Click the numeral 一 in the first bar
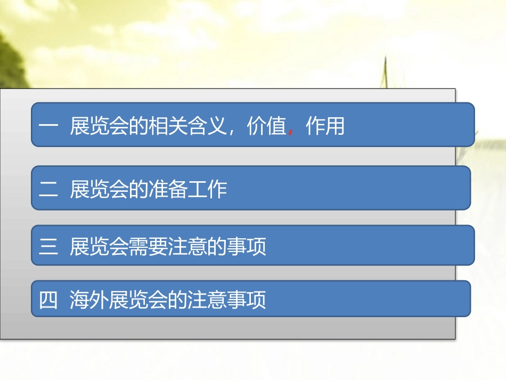pyautogui.click(x=48, y=127)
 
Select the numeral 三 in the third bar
pyautogui.click(x=48, y=247)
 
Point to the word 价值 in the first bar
pyautogui.click(x=267, y=127)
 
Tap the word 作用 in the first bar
pyautogui.click(x=325, y=127)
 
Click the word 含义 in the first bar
pyautogui.click(x=208, y=127)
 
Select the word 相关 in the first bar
pyautogui.click(x=168, y=127)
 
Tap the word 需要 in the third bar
pyautogui.click(x=149, y=247)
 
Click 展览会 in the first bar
pyautogui.click(x=100, y=127)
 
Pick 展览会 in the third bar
pyautogui.click(x=100, y=247)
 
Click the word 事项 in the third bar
pyautogui.click(x=247, y=247)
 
